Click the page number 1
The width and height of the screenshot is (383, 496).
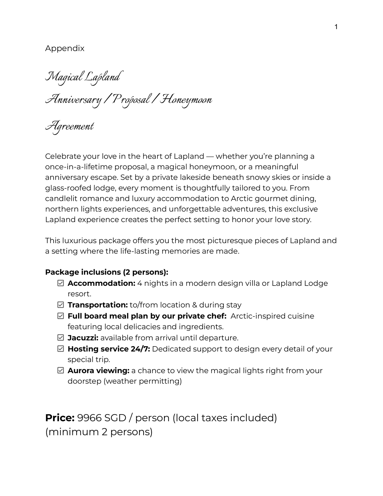click(x=336, y=27)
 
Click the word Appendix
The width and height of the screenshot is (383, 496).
click(x=65, y=49)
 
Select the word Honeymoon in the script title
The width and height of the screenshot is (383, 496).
click(x=186, y=100)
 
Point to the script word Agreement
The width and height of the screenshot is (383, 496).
click(x=70, y=126)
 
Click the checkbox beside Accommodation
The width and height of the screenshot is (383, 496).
click(x=61, y=283)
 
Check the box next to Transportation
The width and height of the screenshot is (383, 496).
click(x=61, y=305)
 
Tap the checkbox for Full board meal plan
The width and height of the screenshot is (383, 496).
click(x=61, y=316)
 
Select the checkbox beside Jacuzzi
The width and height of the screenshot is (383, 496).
click(x=61, y=338)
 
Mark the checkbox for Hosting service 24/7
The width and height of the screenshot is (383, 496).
click(x=61, y=349)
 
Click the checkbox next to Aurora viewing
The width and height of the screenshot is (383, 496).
click(x=61, y=371)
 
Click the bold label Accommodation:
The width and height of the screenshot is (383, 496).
click(x=101, y=283)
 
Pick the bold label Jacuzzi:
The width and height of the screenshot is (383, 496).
click(x=83, y=338)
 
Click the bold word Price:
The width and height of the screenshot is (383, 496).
click(x=60, y=418)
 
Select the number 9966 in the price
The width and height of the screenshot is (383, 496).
click(x=89, y=418)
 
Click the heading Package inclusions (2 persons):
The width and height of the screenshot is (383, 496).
click(x=107, y=272)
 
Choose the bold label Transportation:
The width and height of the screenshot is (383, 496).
click(x=98, y=305)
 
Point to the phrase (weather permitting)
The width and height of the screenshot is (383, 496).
click(x=143, y=381)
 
